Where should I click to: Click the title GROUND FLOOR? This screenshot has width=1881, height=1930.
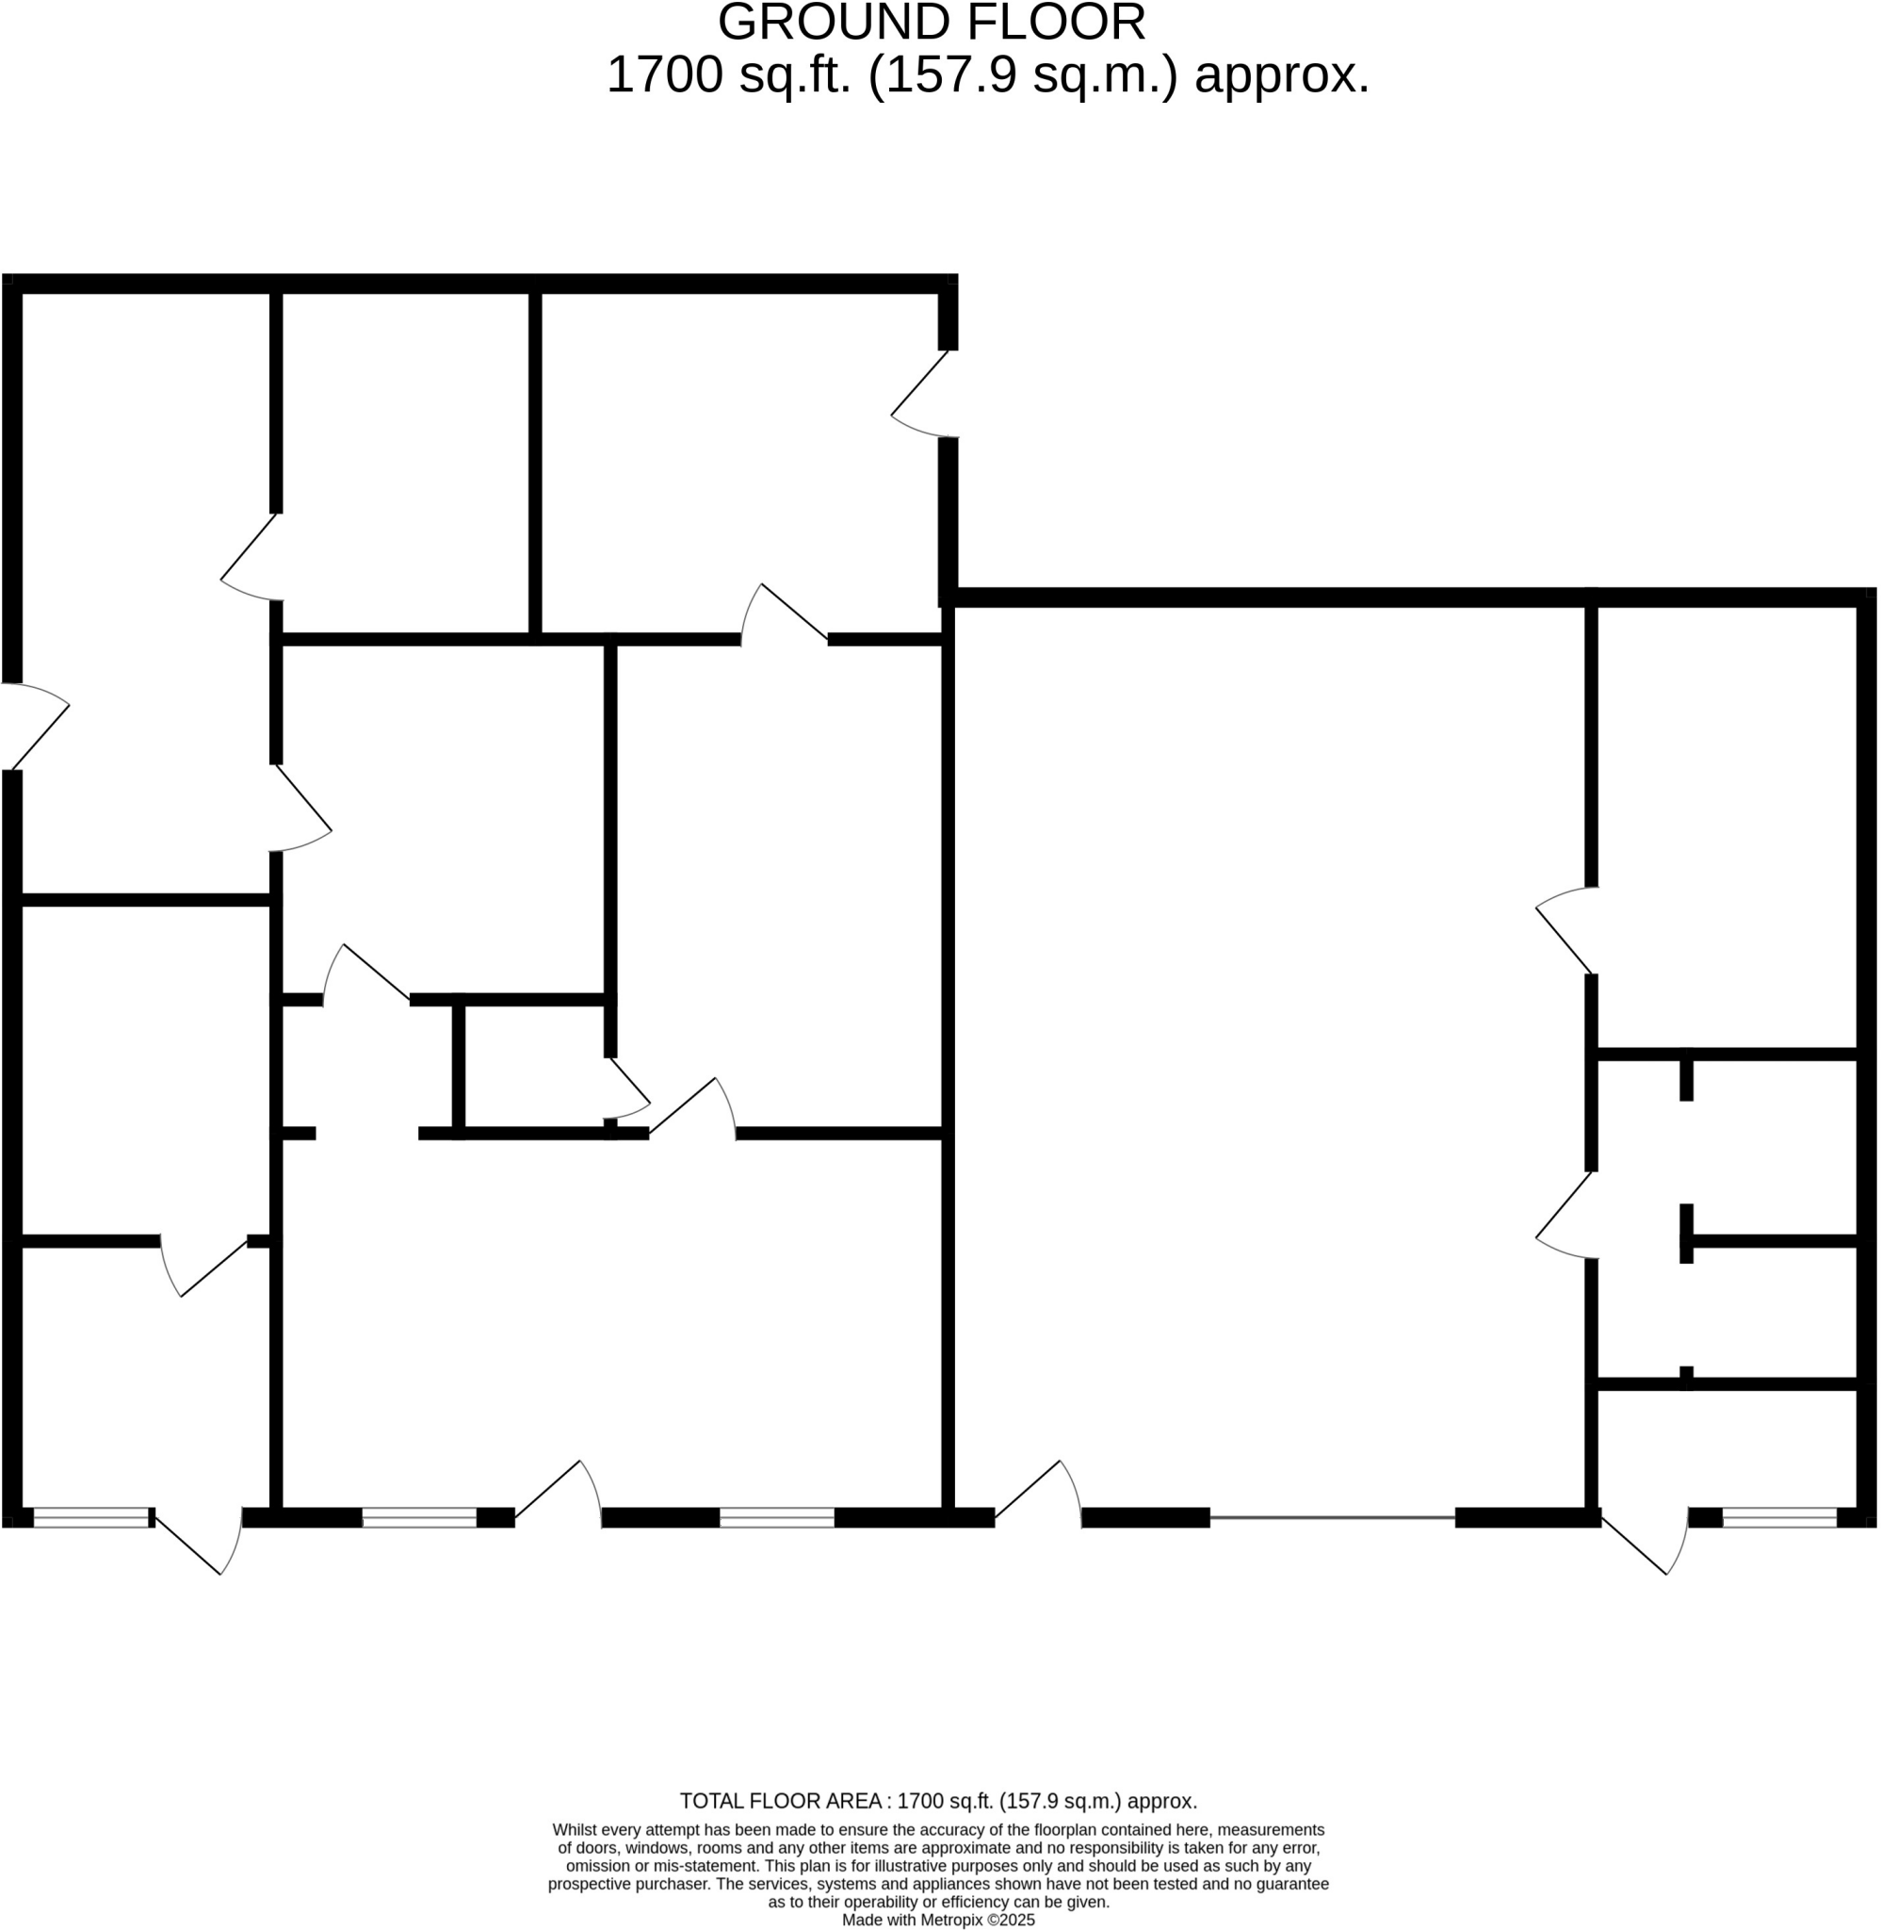pyautogui.click(x=931, y=23)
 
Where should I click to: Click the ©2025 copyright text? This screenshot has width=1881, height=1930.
pyautogui.click(x=1011, y=1921)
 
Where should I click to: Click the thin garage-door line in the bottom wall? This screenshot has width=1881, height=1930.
pyautogui.click(x=1332, y=1517)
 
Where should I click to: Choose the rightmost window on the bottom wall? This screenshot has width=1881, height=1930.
pyautogui.click(x=1778, y=1518)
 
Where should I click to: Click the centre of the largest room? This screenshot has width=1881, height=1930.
pyautogui.click(x=1270, y=1057)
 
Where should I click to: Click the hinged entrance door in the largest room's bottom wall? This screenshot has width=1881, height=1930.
pyautogui.click(x=1037, y=1490)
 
